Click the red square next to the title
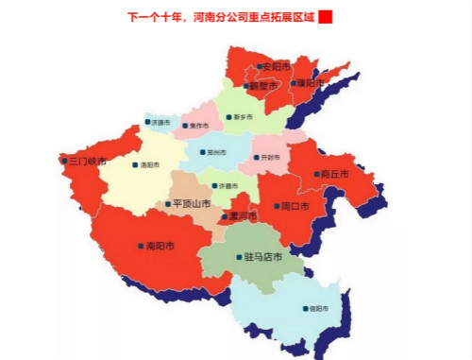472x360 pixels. click(326, 17)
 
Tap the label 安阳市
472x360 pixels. click(277, 66)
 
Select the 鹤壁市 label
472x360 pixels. click(265, 86)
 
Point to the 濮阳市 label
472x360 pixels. click(309, 82)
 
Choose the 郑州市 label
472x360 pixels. click(217, 152)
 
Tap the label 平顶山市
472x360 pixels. click(191, 203)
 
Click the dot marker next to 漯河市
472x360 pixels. click(224, 217)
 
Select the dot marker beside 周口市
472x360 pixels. click(276, 205)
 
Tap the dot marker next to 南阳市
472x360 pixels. click(141, 246)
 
